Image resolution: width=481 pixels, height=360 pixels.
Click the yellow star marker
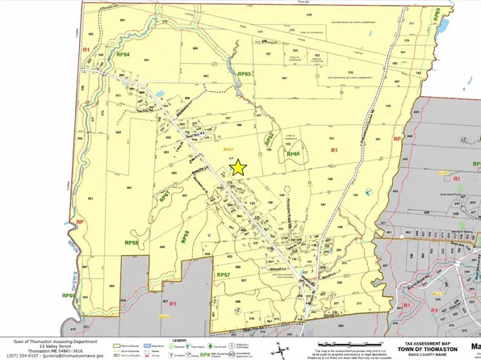pos(238,167)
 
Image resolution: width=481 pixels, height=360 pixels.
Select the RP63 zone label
pos(245,74)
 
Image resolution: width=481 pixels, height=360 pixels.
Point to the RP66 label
pos(292,153)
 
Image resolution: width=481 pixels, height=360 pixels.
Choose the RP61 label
pos(167,196)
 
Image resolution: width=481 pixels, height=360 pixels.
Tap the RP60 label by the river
pos(69,296)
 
